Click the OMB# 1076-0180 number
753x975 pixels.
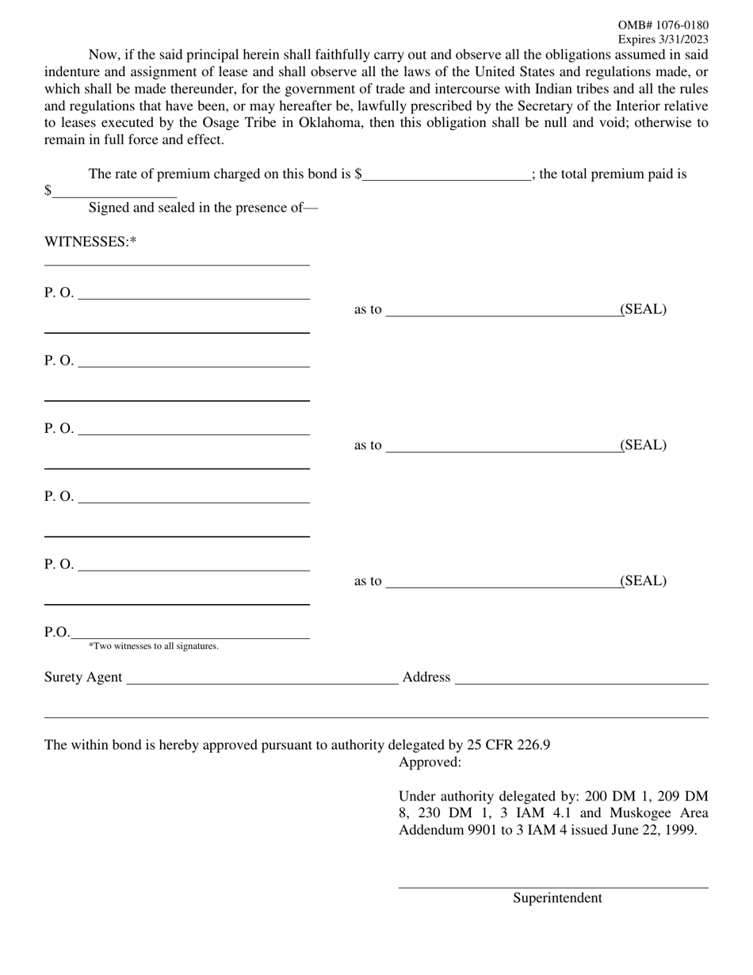coord(663,25)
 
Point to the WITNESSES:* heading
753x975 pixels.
coord(90,242)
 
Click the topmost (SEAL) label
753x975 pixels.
coord(643,309)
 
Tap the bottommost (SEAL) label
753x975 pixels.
coord(643,581)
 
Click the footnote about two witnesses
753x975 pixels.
coord(154,646)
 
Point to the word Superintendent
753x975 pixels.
coord(557,898)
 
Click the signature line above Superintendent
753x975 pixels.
coord(553,887)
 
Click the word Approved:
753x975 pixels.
coord(430,763)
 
